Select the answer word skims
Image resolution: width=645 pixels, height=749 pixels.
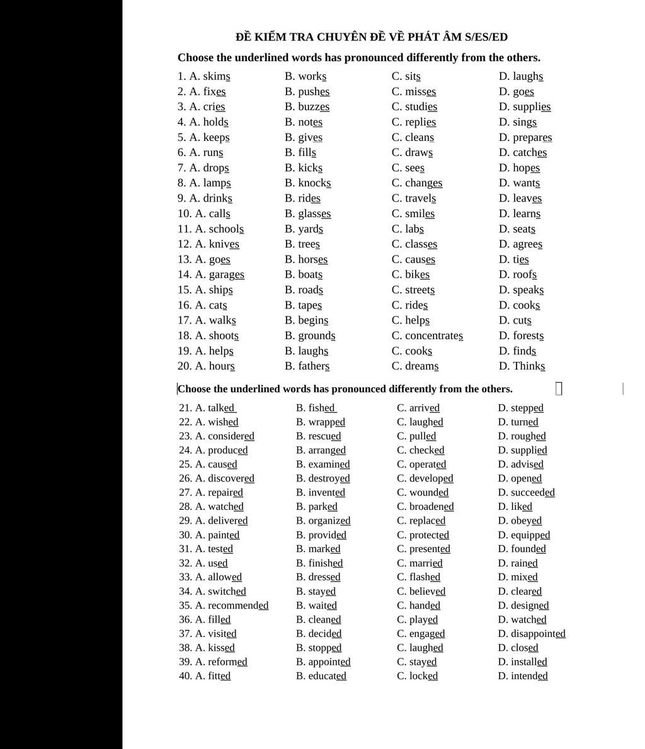(x=216, y=77)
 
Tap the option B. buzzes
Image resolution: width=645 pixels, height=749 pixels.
(x=313, y=107)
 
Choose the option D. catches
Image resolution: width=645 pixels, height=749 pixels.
(x=530, y=153)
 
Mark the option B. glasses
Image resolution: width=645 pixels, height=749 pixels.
(x=314, y=214)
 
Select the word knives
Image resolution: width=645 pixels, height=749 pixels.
(x=224, y=244)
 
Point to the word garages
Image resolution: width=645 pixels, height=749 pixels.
(x=226, y=275)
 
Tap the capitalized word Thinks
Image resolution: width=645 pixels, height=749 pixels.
(x=529, y=366)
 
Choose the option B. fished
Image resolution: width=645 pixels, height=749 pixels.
(x=322, y=408)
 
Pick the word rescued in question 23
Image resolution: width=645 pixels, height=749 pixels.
(x=324, y=436)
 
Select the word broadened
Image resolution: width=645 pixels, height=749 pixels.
(x=431, y=507)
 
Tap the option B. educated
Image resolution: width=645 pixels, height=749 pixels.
(x=327, y=676)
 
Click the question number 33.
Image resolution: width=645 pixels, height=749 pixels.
(x=185, y=577)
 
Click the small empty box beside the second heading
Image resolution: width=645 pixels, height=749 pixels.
(x=559, y=389)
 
